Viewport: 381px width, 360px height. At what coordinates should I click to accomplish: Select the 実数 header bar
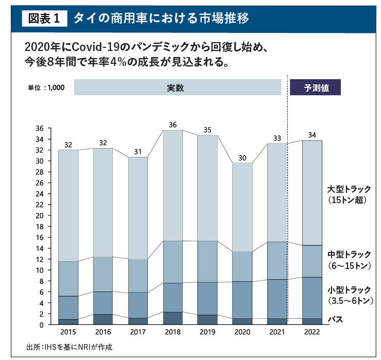tap(177, 87)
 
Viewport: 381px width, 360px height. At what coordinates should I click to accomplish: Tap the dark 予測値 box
tap(316, 87)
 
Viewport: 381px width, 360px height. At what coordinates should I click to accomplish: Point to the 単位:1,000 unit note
tap(46, 87)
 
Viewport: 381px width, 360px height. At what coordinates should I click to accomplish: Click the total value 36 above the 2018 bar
tap(173, 124)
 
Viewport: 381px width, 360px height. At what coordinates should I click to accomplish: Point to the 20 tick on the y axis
tap(40, 215)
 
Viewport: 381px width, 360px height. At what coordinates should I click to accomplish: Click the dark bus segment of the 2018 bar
tap(173, 318)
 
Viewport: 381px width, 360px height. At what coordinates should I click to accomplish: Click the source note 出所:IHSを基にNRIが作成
tap(70, 347)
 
